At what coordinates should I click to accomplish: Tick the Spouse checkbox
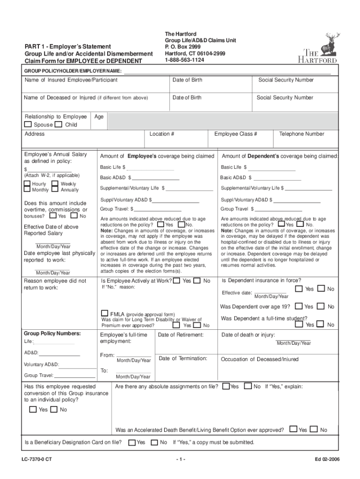[x=28, y=124]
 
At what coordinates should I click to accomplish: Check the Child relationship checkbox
[x=58, y=124]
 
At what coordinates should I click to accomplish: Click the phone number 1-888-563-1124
[x=184, y=60]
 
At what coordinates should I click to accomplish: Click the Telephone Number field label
[x=302, y=134]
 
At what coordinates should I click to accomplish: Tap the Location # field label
[x=162, y=134]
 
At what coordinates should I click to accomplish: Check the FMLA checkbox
[x=105, y=313]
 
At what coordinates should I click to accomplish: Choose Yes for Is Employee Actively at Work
[x=176, y=281]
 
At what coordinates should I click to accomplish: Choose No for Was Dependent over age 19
[x=321, y=306]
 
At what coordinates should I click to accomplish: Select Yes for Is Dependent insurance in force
[x=299, y=289]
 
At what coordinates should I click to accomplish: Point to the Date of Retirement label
[x=181, y=335]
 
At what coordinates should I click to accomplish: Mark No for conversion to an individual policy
[x=54, y=410]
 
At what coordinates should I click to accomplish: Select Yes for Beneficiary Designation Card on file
[x=132, y=443]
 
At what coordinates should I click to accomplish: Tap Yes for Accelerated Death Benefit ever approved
[x=293, y=428]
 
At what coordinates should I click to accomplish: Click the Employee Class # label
[x=236, y=134]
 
